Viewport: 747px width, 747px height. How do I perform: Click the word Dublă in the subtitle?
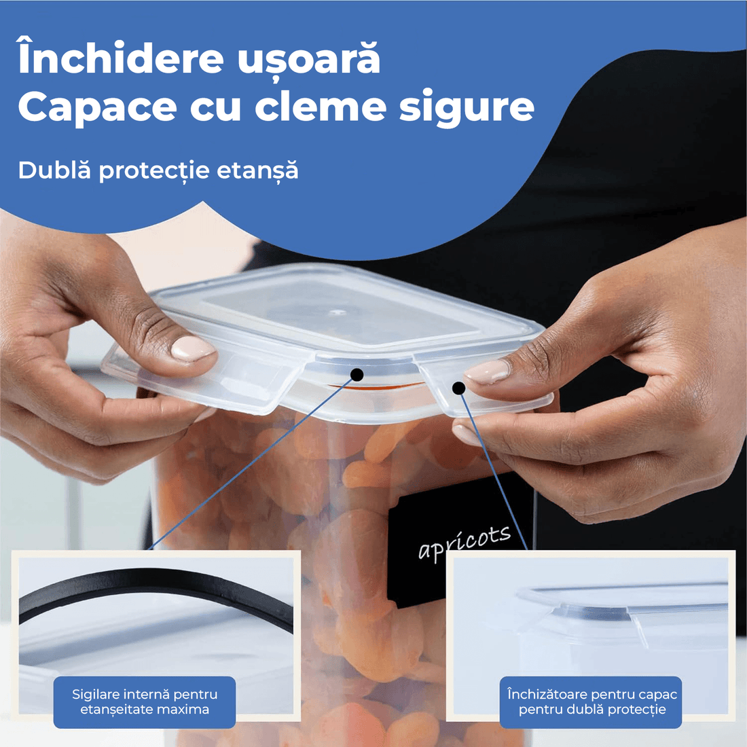coord(54,170)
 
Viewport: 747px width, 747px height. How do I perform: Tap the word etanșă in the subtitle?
coord(257,170)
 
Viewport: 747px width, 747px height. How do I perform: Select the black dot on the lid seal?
coord(357,374)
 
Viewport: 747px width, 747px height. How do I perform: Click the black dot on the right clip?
coord(459,388)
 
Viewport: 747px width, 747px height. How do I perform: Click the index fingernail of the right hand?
coord(487,372)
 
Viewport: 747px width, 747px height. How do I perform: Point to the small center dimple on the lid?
coord(335,313)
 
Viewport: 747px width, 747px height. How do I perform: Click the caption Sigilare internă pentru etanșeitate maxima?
coord(145,702)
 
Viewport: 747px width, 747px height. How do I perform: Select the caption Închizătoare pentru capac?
coord(591,695)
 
